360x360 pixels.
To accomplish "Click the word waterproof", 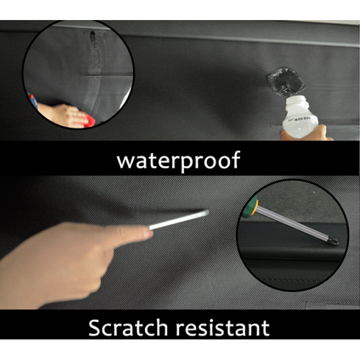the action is [x=178, y=160].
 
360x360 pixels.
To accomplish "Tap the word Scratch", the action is [x=128, y=328].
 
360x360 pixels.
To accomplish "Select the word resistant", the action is [x=223, y=328].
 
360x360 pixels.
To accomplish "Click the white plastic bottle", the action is [x=299, y=117].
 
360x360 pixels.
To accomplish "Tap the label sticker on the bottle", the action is [x=298, y=119].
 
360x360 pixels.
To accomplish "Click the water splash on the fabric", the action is [x=285, y=81].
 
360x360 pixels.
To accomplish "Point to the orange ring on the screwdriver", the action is [x=255, y=208].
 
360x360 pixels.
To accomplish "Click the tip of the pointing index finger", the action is [x=150, y=233].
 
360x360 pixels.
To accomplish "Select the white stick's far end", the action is [x=207, y=212].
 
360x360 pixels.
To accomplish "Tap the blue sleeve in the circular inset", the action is [x=33, y=100].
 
